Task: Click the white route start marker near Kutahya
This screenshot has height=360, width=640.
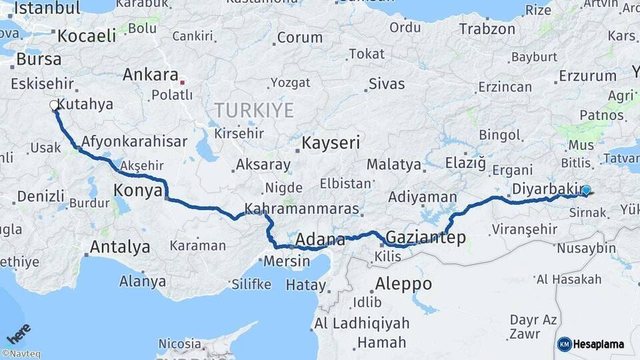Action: (53, 105)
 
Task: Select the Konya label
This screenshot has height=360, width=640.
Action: (138, 191)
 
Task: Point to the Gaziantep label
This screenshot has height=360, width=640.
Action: (425, 238)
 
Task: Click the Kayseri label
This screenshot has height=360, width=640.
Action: (331, 143)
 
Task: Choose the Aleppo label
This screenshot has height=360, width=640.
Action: (403, 284)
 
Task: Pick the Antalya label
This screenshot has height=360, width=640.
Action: (120, 247)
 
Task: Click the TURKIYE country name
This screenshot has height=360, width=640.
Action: (253, 110)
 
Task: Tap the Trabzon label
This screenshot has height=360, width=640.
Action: (487, 29)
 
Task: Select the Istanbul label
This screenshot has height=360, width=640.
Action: (47, 8)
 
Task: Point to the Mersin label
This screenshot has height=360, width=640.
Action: (287, 261)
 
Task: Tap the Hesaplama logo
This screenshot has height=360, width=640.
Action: (591, 344)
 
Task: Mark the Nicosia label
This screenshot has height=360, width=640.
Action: (179, 344)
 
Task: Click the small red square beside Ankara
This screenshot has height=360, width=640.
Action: (182, 83)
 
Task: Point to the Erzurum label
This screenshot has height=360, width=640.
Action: (587, 75)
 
